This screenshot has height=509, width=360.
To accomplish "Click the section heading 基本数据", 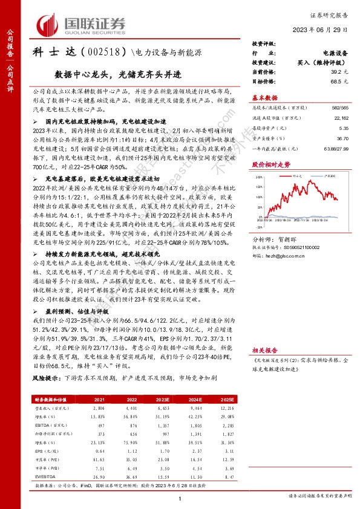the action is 265,97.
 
